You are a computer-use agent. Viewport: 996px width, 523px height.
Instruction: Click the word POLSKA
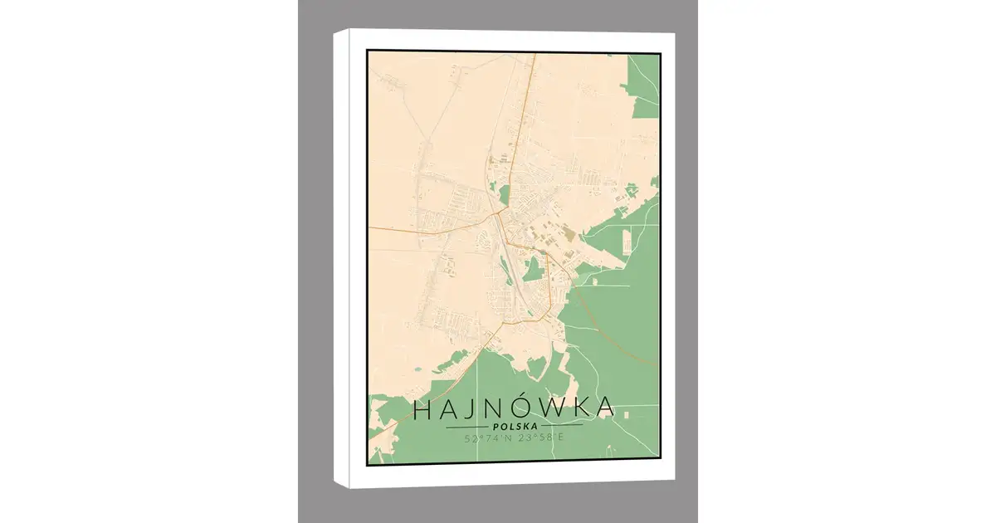coord(514,427)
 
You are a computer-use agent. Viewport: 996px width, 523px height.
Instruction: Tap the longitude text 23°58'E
coord(537,437)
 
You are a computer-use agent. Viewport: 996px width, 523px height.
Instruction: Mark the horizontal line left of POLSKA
coord(466,427)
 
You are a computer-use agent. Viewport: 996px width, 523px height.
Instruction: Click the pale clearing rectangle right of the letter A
coord(627,413)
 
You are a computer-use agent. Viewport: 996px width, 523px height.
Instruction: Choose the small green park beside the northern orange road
coord(504,195)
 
